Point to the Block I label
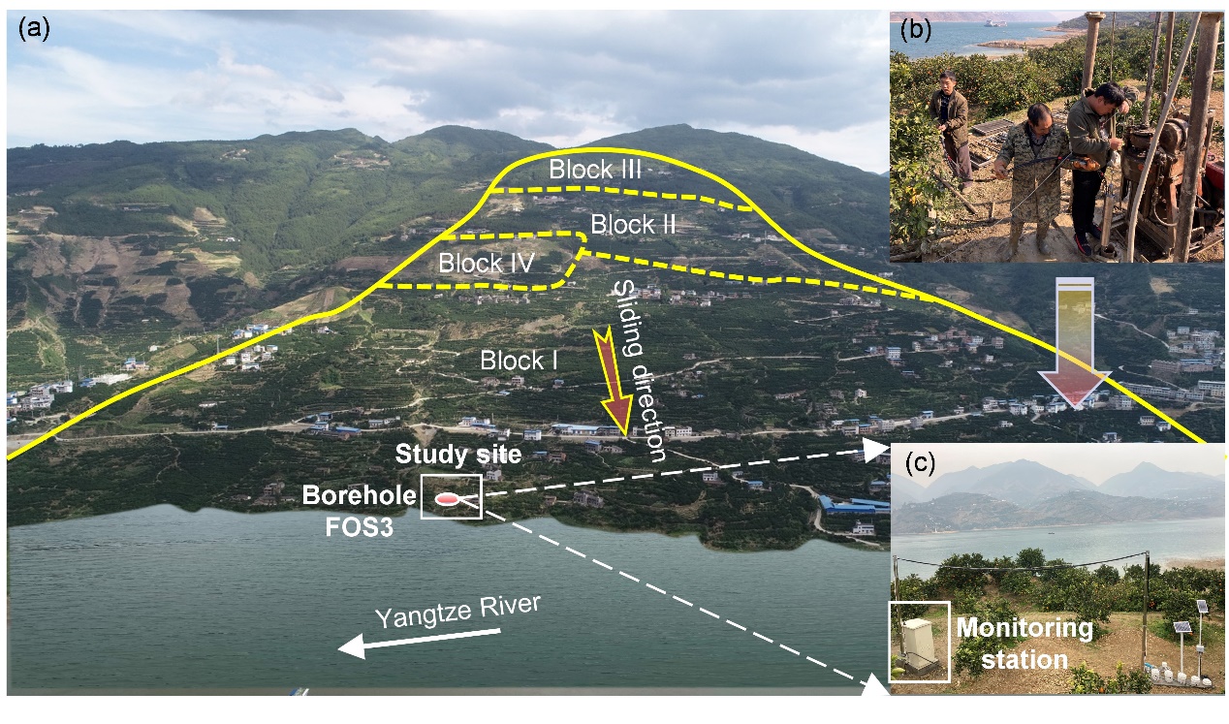[x=519, y=362]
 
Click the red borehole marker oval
[x=447, y=499]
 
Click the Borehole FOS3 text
[x=359, y=508]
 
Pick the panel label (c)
[x=918, y=462]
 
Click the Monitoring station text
[x=1024, y=644]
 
